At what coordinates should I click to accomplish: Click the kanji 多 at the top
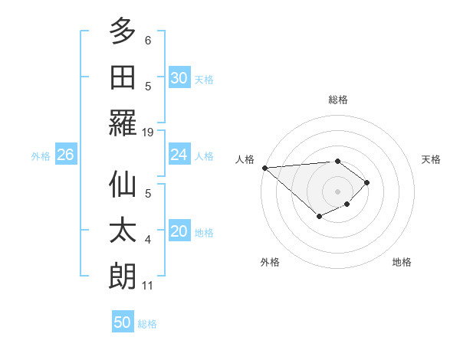[123, 32]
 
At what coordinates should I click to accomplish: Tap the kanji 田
[123, 77]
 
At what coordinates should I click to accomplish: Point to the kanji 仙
[123, 185]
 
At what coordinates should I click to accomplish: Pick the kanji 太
[123, 231]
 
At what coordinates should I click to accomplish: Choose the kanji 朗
[123, 277]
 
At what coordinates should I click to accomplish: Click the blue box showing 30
[179, 78]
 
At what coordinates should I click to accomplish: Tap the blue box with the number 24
[179, 155]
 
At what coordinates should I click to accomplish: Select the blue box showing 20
[179, 231]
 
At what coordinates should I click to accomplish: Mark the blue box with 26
[65, 155]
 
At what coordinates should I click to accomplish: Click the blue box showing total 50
[123, 322]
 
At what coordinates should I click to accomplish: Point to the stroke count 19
[149, 133]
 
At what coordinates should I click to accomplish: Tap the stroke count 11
[149, 286]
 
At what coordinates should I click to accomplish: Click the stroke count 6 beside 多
[147, 40]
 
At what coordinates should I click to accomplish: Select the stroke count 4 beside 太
[147, 240]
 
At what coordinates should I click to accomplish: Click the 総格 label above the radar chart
[337, 100]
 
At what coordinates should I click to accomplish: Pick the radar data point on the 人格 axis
[264, 168]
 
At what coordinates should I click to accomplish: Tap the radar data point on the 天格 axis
[367, 182]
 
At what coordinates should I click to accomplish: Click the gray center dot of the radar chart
[337, 191]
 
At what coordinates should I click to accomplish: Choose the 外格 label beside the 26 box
[41, 155]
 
